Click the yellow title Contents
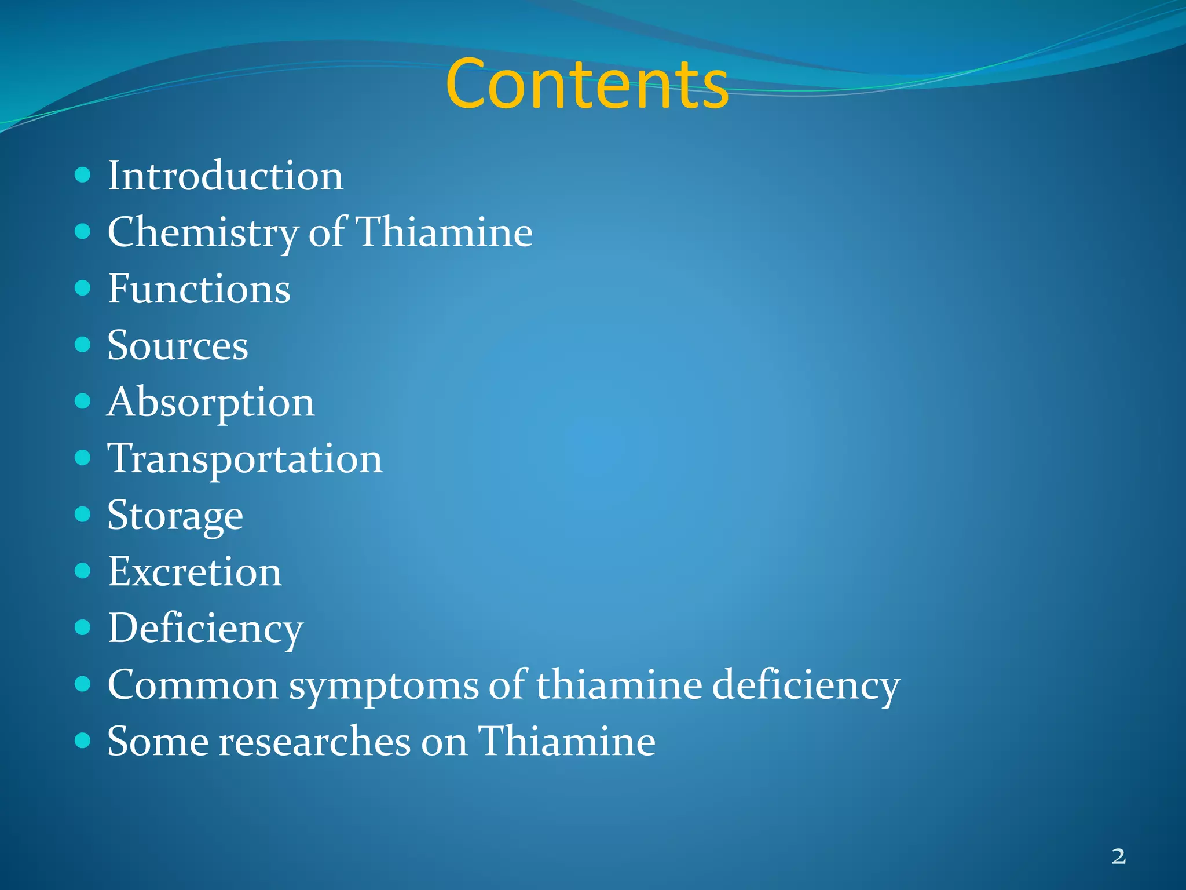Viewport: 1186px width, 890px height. pos(587,84)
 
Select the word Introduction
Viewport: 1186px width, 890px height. pos(225,176)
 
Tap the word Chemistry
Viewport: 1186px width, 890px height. pos(202,232)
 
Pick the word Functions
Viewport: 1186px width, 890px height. pos(199,289)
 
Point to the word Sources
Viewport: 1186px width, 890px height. pos(178,345)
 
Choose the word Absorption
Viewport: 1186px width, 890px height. pos(211,402)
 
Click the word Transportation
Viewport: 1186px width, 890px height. pos(244,459)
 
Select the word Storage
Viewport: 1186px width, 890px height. pos(175,516)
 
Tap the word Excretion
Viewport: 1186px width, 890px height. pos(195,572)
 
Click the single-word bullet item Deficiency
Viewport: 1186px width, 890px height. pos(206,629)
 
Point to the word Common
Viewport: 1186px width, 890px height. pos(193,685)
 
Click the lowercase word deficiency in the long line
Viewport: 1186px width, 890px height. pos(805,685)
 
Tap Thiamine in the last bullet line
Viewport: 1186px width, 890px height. pos(566,741)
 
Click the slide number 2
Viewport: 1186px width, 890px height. pos(1118,856)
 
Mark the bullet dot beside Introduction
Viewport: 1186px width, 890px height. pos(83,175)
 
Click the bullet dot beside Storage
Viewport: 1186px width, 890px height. pos(83,515)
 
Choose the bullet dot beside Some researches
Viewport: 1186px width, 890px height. pos(83,741)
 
